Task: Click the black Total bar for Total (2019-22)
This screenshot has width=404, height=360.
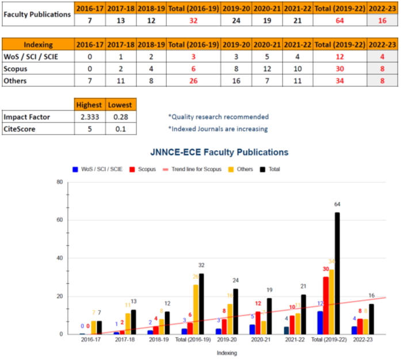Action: click(337, 273)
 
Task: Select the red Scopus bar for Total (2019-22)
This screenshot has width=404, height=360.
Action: click(325, 305)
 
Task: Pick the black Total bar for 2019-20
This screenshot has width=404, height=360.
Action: click(235, 311)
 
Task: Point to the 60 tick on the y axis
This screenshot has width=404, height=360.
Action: click(59, 220)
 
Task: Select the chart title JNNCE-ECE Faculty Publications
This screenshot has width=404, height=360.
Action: click(219, 152)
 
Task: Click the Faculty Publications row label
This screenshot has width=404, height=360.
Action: click(37, 14)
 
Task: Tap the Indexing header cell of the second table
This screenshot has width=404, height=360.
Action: click(38, 44)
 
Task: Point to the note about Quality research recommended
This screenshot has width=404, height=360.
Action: click(218, 117)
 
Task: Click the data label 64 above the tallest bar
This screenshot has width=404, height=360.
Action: click(338, 204)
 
